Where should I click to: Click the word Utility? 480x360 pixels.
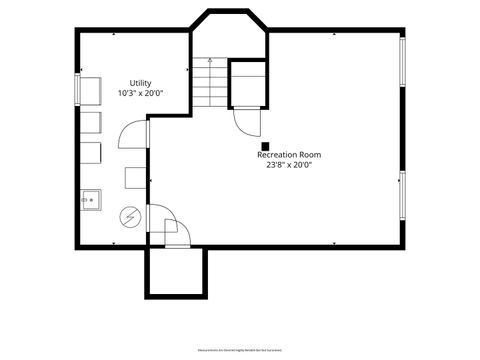[140, 83]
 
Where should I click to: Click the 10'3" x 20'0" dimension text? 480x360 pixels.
[140, 93]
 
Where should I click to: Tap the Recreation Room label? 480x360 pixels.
[289, 155]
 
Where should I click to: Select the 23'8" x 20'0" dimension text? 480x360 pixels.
[289, 165]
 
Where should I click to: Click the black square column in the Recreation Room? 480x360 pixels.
[265, 146]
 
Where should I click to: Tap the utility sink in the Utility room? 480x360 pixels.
[90, 199]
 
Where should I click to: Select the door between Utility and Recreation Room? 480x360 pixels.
[134, 133]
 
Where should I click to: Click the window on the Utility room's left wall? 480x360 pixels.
[76, 88]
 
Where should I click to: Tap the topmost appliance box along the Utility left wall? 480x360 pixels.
[90, 89]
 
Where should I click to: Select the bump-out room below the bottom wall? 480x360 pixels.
[176, 272]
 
